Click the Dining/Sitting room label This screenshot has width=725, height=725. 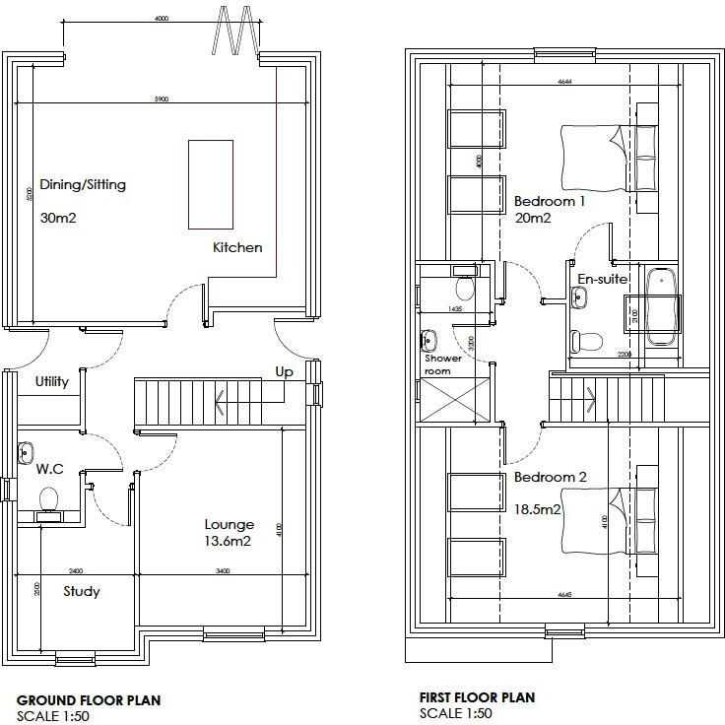(x=83, y=184)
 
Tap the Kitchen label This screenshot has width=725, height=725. (x=237, y=247)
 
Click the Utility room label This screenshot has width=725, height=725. (x=52, y=381)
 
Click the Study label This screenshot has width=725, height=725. (x=82, y=591)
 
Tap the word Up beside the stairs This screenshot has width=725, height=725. (x=284, y=372)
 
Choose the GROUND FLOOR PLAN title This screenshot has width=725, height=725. (x=88, y=700)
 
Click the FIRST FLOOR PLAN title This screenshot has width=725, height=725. (x=477, y=697)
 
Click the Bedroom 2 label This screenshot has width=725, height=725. (x=550, y=477)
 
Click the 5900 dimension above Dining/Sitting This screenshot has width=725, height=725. (x=162, y=99)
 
